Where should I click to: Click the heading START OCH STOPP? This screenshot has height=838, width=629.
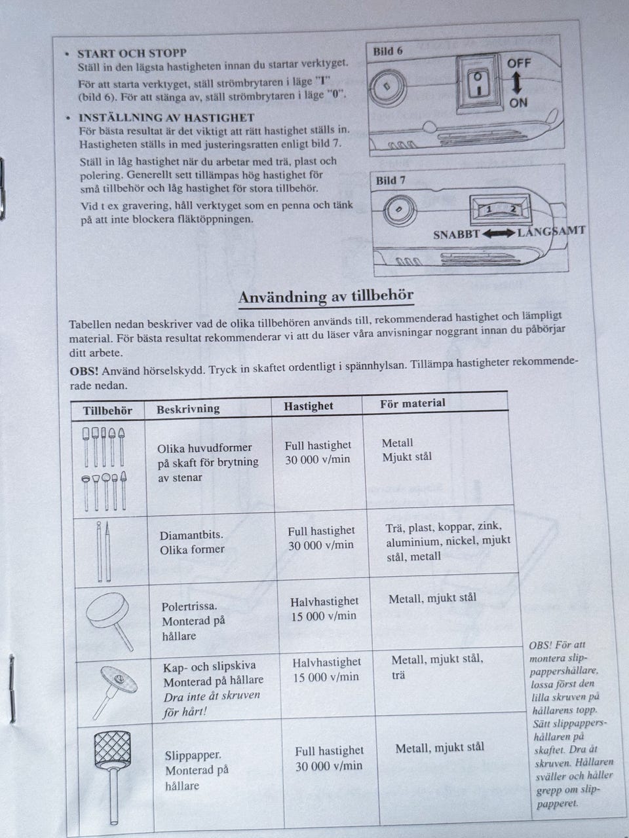click(132, 53)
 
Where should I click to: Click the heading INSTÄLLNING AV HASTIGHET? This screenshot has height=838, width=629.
click(166, 118)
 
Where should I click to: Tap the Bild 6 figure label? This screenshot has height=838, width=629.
click(388, 51)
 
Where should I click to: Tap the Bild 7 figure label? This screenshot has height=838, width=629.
click(391, 181)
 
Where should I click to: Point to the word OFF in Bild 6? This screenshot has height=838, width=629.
click(519, 64)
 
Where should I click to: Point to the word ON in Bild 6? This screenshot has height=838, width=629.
click(518, 103)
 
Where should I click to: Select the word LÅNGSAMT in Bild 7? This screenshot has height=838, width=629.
click(551, 231)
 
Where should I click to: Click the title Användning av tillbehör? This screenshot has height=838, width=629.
click(326, 297)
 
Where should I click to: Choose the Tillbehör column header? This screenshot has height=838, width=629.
click(107, 411)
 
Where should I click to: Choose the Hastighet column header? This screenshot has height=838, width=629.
click(309, 406)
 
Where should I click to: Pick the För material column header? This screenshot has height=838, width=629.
click(412, 403)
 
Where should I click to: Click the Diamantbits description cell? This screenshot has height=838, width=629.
click(192, 543)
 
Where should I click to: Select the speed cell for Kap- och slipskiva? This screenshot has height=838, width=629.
click(327, 670)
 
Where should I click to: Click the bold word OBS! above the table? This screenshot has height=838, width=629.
click(84, 371)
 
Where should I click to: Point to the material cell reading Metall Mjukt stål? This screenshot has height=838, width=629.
click(407, 450)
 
